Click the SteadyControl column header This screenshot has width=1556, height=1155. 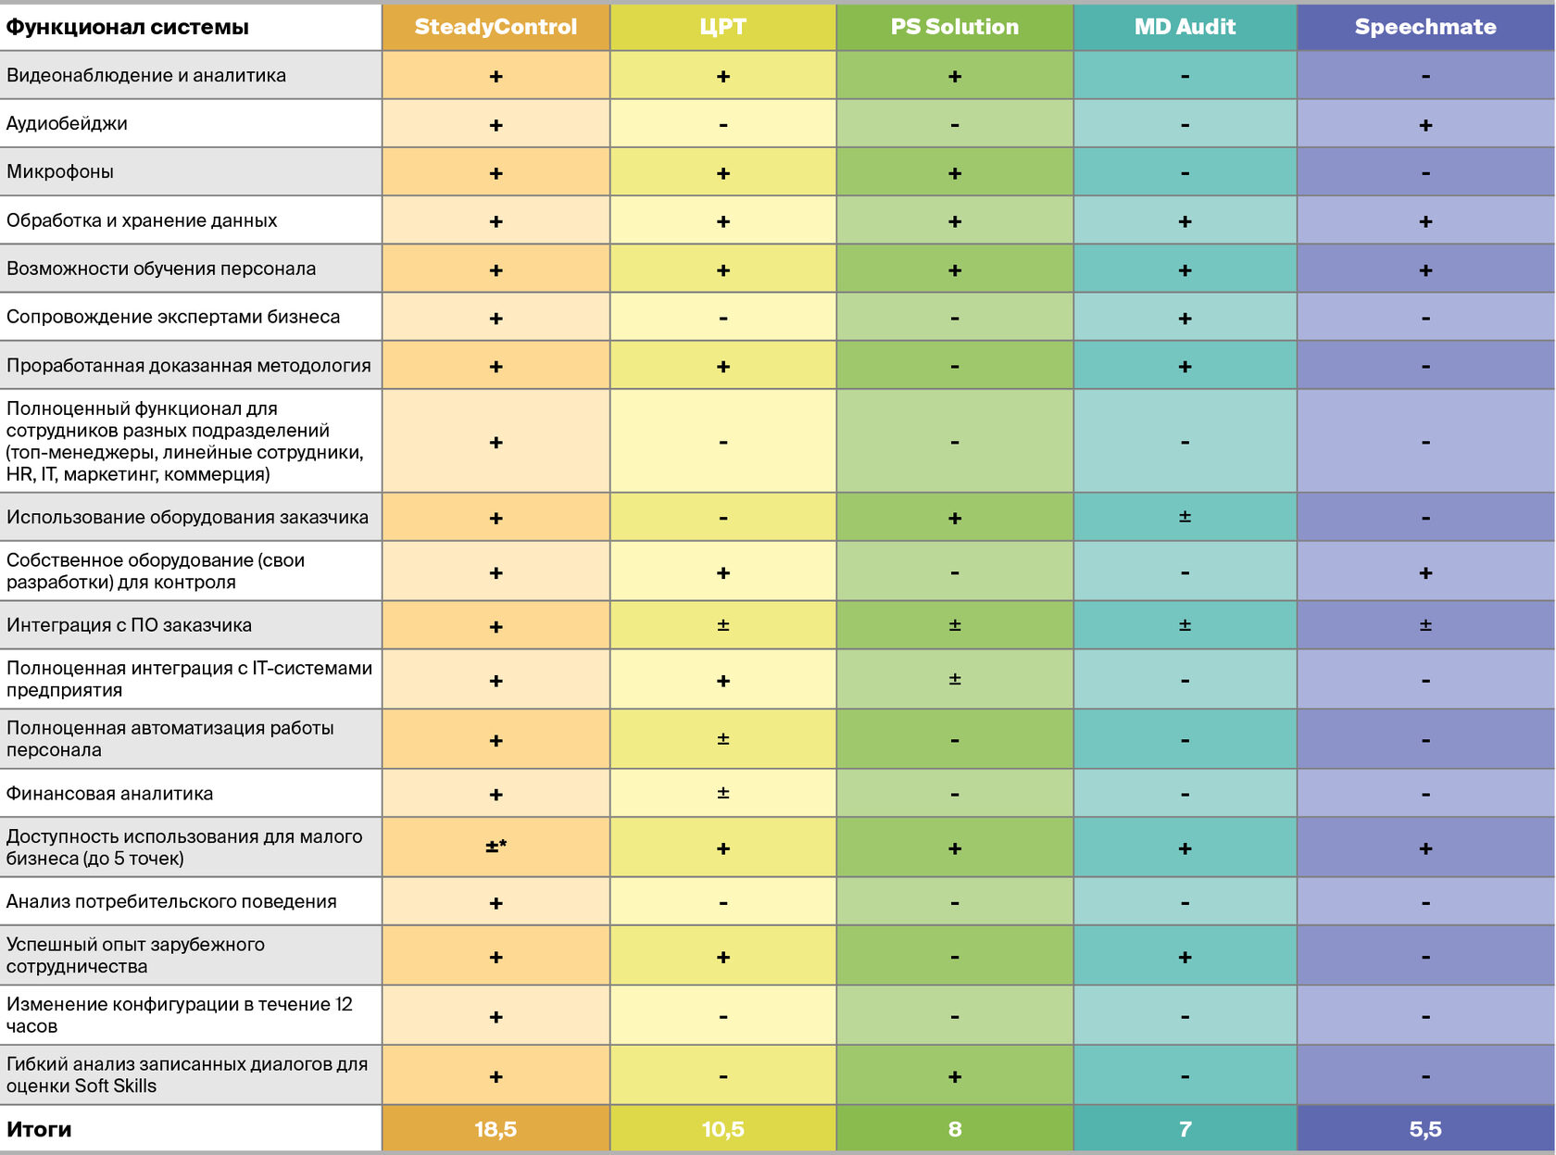click(496, 27)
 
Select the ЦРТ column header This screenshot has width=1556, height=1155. click(722, 27)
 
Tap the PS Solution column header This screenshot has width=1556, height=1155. click(954, 27)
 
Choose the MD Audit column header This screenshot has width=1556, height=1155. click(1185, 27)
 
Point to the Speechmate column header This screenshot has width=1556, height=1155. click(1424, 27)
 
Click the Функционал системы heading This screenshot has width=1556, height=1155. click(128, 27)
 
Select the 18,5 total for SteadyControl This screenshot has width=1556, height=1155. click(496, 1129)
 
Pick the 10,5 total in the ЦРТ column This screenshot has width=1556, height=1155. click(722, 1129)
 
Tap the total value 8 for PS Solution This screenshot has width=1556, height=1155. click(954, 1129)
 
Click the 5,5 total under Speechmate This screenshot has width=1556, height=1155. click(1424, 1129)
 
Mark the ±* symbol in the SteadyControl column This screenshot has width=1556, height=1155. click(496, 847)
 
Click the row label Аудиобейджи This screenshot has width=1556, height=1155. click(67, 123)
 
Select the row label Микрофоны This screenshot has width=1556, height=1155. click(60, 171)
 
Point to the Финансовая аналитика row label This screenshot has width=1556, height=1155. click(109, 793)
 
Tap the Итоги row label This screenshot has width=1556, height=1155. click(39, 1129)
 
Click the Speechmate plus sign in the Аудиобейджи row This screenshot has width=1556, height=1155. click(1424, 125)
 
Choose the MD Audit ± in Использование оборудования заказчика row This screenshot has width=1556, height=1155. click(1185, 517)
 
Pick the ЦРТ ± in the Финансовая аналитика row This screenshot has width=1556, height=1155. click(722, 793)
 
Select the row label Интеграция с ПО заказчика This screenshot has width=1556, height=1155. click(129, 624)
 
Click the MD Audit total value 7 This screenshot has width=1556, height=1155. click(1185, 1129)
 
